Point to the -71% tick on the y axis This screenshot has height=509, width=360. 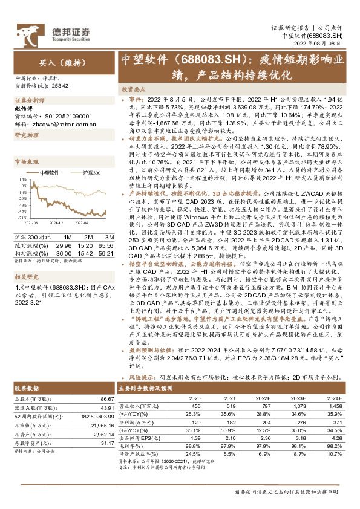tap(22, 219)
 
